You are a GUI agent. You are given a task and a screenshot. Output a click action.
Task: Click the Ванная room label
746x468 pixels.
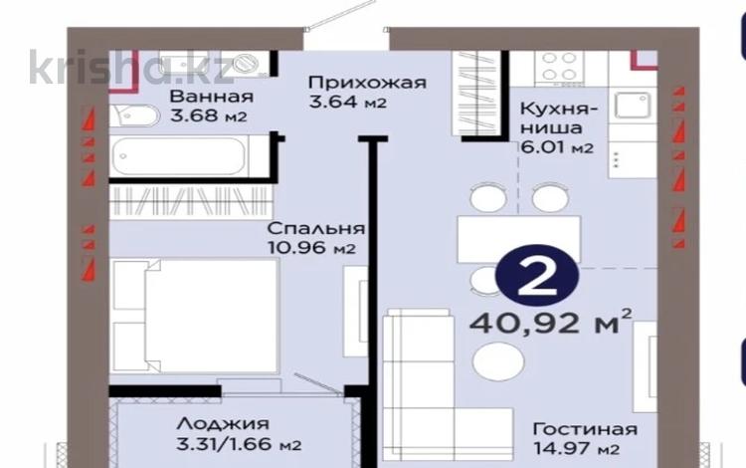(210, 98)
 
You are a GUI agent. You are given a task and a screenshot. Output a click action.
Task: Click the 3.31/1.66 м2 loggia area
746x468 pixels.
(234, 445)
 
